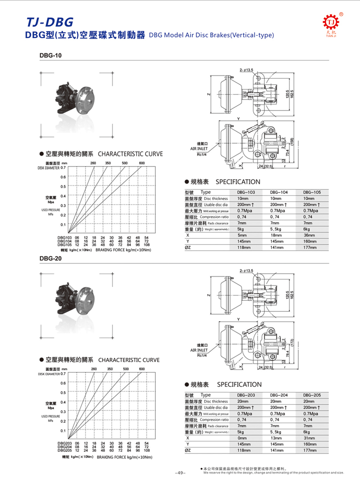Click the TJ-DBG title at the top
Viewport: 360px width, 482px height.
[x=49, y=22]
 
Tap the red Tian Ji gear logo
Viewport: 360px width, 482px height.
[x=330, y=22]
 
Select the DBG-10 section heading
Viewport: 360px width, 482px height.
[x=50, y=56]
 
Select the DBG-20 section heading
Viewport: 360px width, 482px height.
[x=50, y=257]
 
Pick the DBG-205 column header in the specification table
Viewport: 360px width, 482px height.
[x=312, y=395]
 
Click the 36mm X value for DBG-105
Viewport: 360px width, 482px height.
[x=309, y=235]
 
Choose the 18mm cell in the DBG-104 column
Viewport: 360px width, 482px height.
[x=275, y=235]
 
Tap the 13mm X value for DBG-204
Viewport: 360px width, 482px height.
[x=275, y=438]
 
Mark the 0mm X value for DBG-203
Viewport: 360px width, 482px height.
[x=242, y=438]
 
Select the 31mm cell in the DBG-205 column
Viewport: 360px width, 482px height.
[x=309, y=438]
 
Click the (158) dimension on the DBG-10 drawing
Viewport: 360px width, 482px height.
[x=292, y=142]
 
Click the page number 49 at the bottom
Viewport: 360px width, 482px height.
[x=181, y=473]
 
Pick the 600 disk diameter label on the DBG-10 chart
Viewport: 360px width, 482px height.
[x=142, y=163]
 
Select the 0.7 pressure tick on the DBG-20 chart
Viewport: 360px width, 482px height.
[x=63, y=374]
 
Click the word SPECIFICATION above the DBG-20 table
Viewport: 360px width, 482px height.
[x=239, y=385]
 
